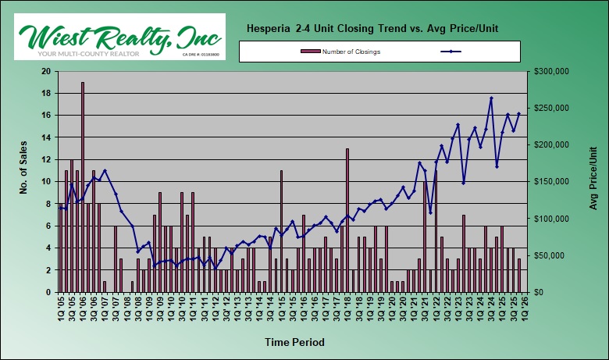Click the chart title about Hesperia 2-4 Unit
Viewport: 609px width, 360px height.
click(372, 29)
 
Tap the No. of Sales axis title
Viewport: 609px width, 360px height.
click(22, 181)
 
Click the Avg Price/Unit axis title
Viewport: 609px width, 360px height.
click(593, 181)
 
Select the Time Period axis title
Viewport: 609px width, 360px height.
click(293, 342)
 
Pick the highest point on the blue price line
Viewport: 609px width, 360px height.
click(491, 98)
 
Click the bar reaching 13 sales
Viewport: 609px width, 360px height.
click(347, 219)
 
